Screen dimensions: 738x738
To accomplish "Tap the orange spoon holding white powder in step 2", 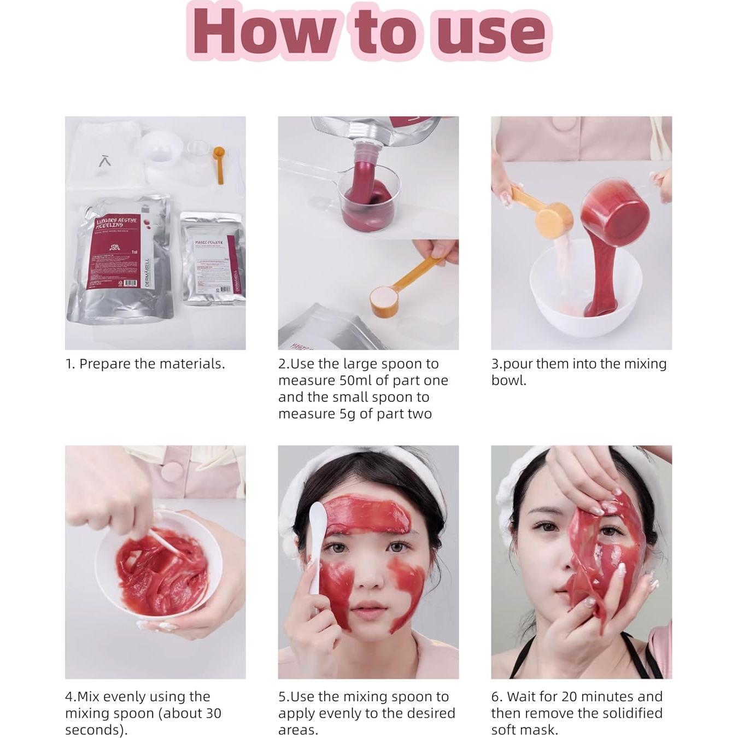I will (389, 298).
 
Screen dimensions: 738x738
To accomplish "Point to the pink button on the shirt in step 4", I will (175, 471).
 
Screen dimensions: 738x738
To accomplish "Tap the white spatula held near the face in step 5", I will (316, 547).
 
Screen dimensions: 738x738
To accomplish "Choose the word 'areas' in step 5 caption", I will (296, 730).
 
